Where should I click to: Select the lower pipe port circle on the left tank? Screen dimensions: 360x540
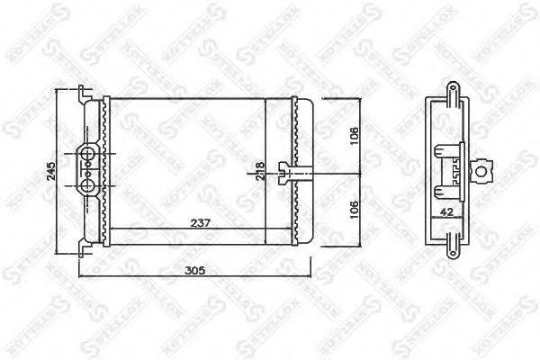click(88, 184)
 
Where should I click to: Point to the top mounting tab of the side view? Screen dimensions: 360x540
click(446, 90)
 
